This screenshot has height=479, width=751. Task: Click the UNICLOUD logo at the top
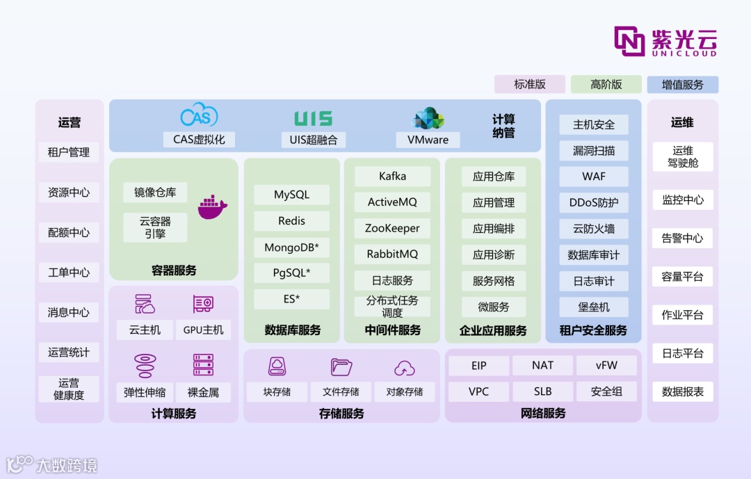coord(665,41)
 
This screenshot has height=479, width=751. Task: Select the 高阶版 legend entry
coord(606,85)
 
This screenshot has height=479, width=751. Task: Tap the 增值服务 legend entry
coord(682,85)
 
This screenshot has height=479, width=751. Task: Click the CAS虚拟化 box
coord(199,139)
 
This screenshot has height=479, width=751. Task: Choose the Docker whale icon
coord(213,206)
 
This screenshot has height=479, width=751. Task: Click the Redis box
coord(291,221)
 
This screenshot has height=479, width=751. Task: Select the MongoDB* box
coord(291,247)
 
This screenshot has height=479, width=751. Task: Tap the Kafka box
coord(392,177)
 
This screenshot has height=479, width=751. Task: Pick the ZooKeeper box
coord(392,228)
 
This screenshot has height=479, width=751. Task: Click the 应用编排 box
coord(494,229)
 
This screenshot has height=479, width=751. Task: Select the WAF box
coord(594,177)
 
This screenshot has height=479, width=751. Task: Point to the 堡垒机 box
coord(594,307)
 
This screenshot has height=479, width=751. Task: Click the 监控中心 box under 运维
coord(682,200)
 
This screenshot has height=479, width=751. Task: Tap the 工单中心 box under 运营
coord(69,273)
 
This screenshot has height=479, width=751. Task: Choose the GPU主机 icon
coord(202,305)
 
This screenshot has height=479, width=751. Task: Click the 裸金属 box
coord(203,392)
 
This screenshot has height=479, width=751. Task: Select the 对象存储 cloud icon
coord(404,368)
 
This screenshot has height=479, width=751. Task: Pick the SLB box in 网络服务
coord(542,391)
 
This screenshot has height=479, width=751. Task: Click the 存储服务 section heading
coord(341,414)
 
